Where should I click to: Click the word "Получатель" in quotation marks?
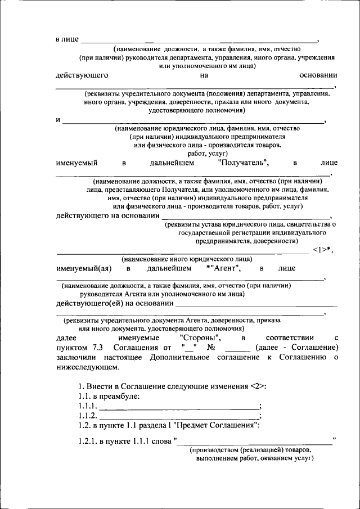(243, 163)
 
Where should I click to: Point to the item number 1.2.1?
(88, 440)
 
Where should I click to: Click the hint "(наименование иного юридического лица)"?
(187, 259)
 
